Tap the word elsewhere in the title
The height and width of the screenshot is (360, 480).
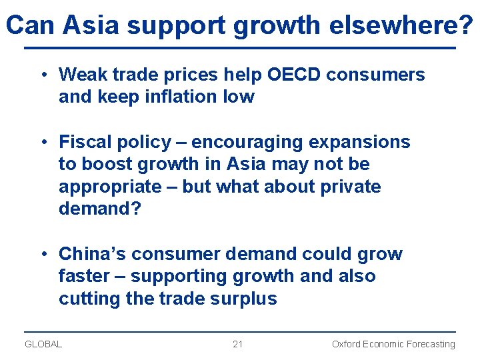tap(394, 25)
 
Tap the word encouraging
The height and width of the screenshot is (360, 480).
tap(251, 143)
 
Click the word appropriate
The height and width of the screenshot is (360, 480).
tap(110, 187)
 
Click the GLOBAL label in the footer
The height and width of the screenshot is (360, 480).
tap(43, 344)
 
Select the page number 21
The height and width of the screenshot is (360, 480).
tap(238, 344)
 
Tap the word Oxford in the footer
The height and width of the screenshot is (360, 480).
tap(347, 344)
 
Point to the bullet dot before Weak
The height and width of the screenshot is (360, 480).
tap(42, 75)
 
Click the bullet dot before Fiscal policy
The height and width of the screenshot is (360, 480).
tap(42, 142)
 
